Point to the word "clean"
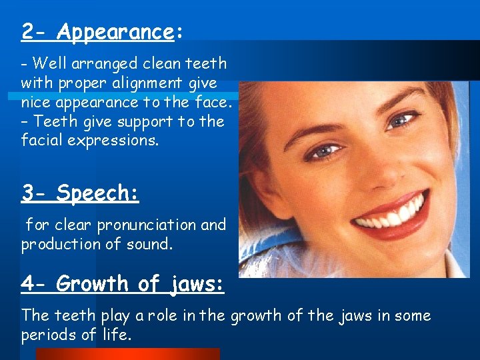pos(153,64)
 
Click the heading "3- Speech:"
pos(80,193)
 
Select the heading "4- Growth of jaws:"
pos(122,284)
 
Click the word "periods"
pos(51,335)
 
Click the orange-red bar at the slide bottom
pos(127,354)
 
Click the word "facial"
pos(41,141)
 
